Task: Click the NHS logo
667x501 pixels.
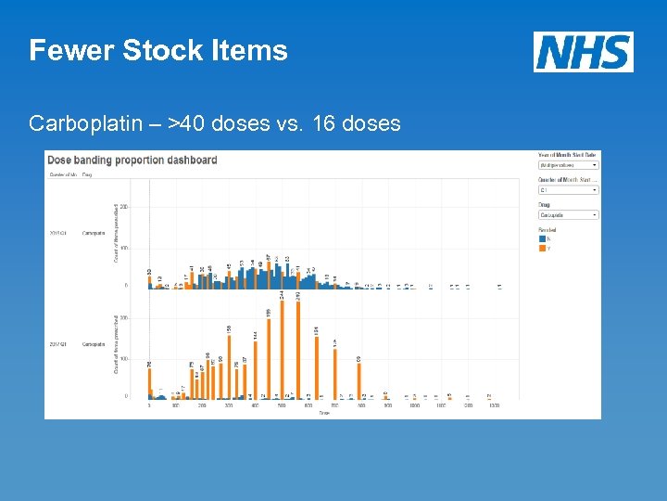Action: tap(584, 52)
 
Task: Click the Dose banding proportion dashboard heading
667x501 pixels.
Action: tap(132, 160)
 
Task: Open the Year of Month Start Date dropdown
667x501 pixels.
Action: tap(568, 165)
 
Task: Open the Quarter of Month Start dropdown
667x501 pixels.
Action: tap(568, 190)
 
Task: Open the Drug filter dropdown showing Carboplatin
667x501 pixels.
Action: tap(568, 215)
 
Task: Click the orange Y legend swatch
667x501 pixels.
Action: tap(542, 248)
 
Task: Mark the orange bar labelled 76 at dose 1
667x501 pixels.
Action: tap(150, 381)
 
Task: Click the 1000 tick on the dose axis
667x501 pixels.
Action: tap(414, 405)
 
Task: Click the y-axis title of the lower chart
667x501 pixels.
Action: tap(117, 343)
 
